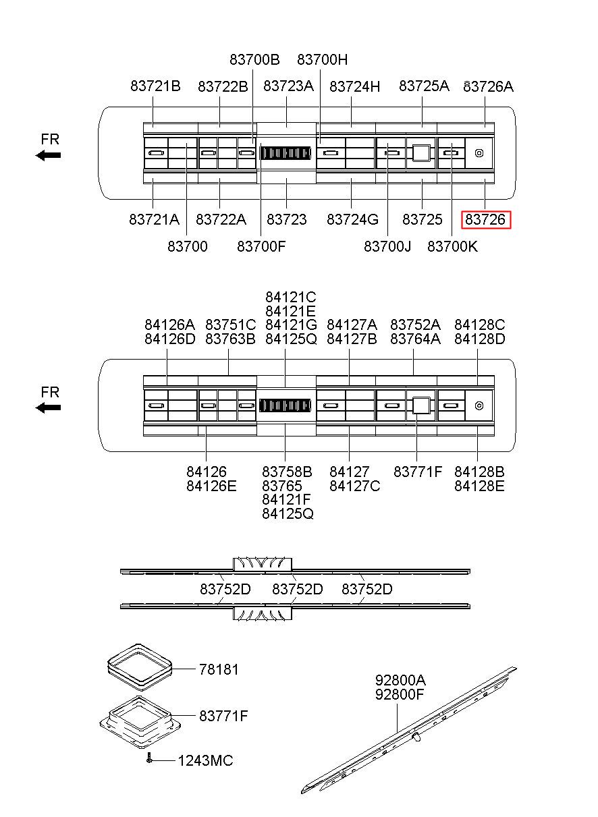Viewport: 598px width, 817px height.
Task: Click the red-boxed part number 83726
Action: pyautogui.click(x=486, y=220)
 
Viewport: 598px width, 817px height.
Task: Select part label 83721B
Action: pyautogui.click(x=155, y=86)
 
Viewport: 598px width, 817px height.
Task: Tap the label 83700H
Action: pyautogui.click(x=323, y=59)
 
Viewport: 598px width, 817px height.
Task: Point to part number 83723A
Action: pyautogui.click(x=288, y=86)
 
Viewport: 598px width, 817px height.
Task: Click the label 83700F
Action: pyautogui.click(x=261, y=247)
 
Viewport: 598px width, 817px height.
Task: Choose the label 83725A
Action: pyautogui.click(x=424, y=86)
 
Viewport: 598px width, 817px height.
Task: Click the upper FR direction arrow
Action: pyautogui.click(x=49, y=155)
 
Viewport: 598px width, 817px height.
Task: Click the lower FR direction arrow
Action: pyautogui.click(x=49, y=407)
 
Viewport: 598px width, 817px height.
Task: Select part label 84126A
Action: pyautogui.click(x=169, y=325)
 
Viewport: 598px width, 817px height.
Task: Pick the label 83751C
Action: pyautogui.click(x=230, y=325)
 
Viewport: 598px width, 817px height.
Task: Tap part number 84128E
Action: pyautogui.click(x=479, y=486)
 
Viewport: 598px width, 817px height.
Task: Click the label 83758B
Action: pyautogui.click(x=287, y=472)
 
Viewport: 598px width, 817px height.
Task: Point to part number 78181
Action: pyautogui.click(x=219, y=670)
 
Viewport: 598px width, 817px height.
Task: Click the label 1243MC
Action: pyautogui.click(x=205, y=761)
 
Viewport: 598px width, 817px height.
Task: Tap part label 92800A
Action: pyautogui.click(x=400, y=680)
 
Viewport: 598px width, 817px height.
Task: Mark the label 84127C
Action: pyautogui.click(x=354, y=486)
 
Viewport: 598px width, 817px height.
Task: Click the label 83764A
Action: pyautogui.click(x=415, y=339)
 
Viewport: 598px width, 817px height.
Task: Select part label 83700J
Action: pyautogui.click(x=387, y=247)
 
